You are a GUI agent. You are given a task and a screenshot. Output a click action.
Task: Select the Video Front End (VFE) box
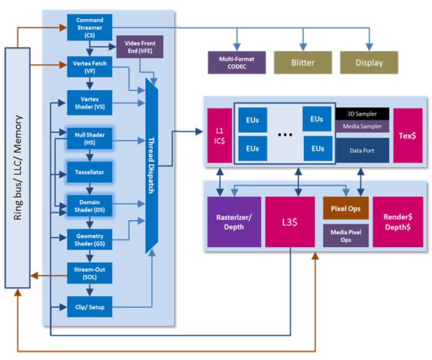[x=139, y=47]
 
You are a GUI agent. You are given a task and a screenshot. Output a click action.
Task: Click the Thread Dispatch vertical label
[x=151, y=166]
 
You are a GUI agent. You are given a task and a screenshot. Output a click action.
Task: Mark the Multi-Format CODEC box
[x=236, y=62]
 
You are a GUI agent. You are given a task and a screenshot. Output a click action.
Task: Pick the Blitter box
[x=302, y=62]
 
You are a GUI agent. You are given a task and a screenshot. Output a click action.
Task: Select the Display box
[x=369, y=62]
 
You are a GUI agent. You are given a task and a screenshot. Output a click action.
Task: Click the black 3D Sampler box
[x=362, y=113]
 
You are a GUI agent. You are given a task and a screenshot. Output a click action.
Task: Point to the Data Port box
[x=362, y=150]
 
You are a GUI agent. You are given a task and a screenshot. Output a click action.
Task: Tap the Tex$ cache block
[x=407, y=136]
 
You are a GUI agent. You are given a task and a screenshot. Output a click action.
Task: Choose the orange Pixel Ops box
[x=346, y=208]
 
